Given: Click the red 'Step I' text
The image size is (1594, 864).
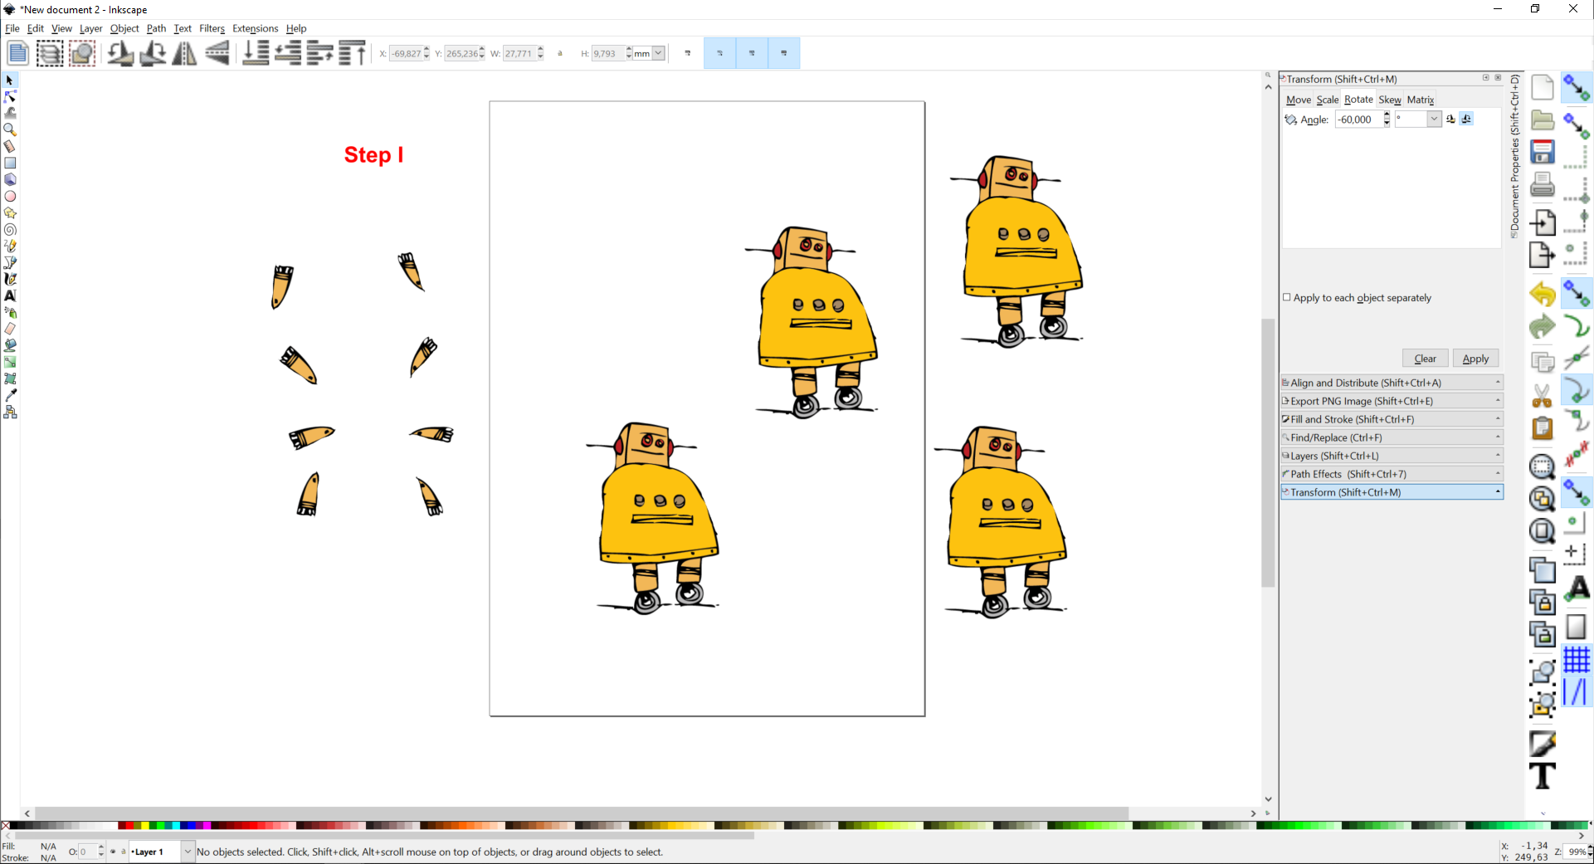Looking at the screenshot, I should [x=373, y=155].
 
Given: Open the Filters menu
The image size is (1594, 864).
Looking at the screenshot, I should [x=212, y=28].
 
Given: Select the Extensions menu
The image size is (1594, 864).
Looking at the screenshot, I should [x=255, y=28].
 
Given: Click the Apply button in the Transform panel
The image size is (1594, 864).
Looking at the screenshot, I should [x=1475, y=359].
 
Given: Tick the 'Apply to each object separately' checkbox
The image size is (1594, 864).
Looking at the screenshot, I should [x=1287, y=297].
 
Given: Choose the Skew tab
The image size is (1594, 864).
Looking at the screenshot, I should [x=1389, y=100].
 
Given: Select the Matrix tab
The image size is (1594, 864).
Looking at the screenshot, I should [x=1420, y=100].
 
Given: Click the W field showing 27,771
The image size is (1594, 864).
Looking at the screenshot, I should [x=519, y=54].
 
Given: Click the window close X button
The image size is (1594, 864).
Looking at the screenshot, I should [x=1572, y=9].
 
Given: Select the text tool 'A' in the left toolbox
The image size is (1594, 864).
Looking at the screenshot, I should [x=10, y=295].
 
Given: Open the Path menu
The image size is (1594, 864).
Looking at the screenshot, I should [x=156, y=28].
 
